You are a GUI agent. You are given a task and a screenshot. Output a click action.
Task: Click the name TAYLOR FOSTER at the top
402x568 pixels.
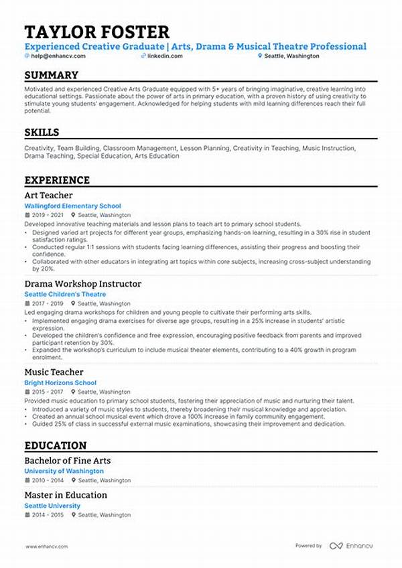point(96,31)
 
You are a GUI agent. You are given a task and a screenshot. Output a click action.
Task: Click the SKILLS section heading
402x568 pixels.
point(42,133)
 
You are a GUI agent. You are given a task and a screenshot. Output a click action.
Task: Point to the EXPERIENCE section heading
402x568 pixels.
point(57,180)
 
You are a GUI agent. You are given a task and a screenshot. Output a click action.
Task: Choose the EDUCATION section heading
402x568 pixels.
point(56,445)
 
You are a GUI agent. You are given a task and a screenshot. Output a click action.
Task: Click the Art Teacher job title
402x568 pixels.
point(48,196)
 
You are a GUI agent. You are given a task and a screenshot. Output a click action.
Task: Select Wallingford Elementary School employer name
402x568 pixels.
point(72,206)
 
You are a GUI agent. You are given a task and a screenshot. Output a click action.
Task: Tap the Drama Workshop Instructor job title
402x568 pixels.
point(82,284)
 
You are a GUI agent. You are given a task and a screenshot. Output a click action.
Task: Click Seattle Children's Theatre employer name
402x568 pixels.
point(65,295)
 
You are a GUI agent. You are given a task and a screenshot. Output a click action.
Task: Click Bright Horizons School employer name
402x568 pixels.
point(60,383)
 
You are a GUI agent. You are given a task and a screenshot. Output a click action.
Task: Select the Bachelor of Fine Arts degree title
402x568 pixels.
point(68,461)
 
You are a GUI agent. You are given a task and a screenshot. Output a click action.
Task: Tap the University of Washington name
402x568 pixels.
point(64,472)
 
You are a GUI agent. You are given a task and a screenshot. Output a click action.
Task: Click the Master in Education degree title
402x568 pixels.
point(66,495)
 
